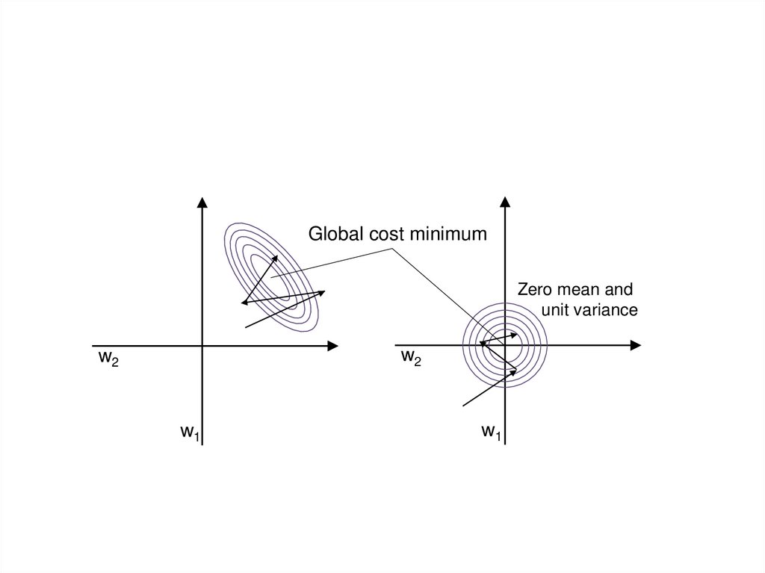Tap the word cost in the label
pyautogui.click(x=383, y=235)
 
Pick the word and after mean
pyautogui.click(x=620, y=290)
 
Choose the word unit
pyautogui.click(x=555, y=310)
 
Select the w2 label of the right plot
pyautogui.click(x=411, y=358)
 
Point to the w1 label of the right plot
pyautogui.click(x=490, y=431)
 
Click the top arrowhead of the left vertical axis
pyautogui.click(x=202, y=201)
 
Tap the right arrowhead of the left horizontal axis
pyautogui.click(x=333, y=345)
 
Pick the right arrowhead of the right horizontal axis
pyautogui.click(x=636, y=345)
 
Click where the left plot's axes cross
pyautogui.click(x=202, y=345)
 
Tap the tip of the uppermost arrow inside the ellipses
pyautogui.click(x=277, y=255)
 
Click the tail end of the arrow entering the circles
pyautogui.click(x=464, y=406)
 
